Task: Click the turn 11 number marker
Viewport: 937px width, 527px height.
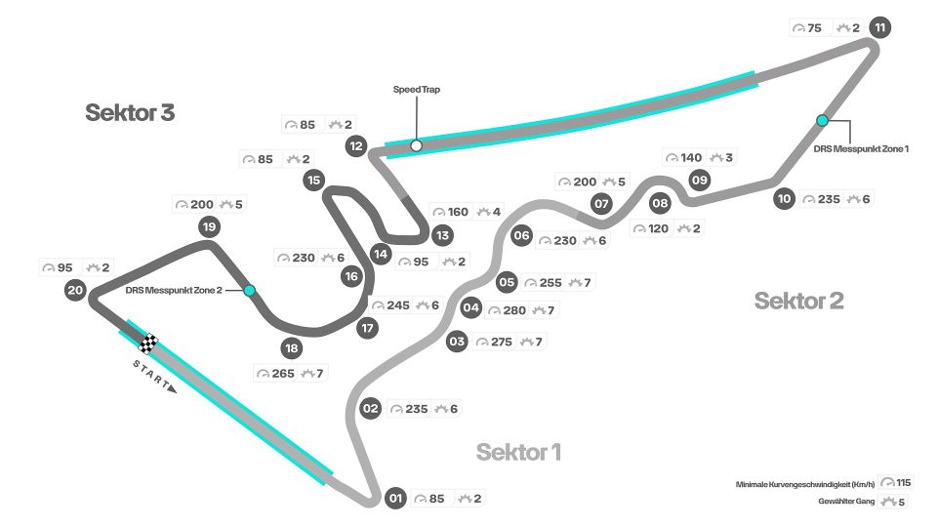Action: (x=880, y=27)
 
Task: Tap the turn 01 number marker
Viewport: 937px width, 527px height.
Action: (x=394, y=499)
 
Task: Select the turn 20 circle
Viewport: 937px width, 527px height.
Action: (x=75, y=289)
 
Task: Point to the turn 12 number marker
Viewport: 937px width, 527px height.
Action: (x=356, y=147)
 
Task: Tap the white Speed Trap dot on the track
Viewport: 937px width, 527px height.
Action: (x=417, y=145)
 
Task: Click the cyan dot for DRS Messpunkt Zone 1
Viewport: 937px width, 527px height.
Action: (x=823, y=120)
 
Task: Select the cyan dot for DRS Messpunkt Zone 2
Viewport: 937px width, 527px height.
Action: (x=250, y=290)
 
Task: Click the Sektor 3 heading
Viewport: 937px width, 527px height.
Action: (x=130, y=112)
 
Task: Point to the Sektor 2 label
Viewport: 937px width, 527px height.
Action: (x=798, y=301)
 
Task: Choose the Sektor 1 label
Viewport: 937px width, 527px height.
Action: (x=518, y=452)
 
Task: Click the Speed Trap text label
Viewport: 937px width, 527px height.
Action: (x=417, y=89)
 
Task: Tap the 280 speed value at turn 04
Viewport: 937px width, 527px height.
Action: (x=514, y=310)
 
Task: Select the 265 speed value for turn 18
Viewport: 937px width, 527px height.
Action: (x=282, y=373)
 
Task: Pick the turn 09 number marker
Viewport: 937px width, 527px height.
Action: (x=699, y=180)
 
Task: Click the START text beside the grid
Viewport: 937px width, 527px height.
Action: (x=152, y=375)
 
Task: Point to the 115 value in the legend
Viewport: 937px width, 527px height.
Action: (x=903, y=482)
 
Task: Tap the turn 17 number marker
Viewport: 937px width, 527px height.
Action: (x=367, y=328)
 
